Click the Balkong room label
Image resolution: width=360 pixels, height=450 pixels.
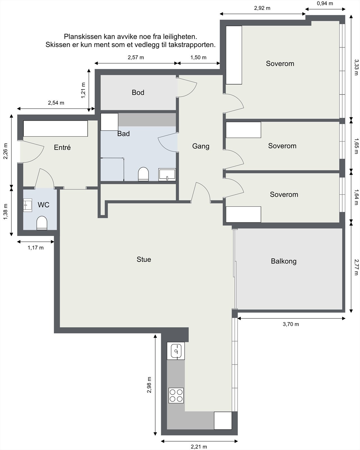[284, 261]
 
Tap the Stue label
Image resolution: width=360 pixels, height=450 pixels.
[144, 259]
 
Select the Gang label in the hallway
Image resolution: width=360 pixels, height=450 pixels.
[201, 146]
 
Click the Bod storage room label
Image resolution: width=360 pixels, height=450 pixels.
[138, 93]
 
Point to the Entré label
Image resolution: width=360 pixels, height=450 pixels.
[62, 147]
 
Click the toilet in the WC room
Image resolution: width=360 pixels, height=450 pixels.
[42, 223]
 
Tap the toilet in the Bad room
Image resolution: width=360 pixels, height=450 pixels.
[143, 174]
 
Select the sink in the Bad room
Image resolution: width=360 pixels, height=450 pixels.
[167, 174]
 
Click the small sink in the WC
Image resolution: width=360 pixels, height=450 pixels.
[27, 205]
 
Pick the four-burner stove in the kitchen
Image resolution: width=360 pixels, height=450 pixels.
[176, 395]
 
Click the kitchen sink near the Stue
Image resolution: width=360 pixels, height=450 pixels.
[176, 351]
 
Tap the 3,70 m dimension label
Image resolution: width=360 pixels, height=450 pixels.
[291, 324]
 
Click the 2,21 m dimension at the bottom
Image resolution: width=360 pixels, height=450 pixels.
[199, 447]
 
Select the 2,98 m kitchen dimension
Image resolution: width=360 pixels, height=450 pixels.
[149, 385]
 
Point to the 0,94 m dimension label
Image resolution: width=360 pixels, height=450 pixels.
[325, 3]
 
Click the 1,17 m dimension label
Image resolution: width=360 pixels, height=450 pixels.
[35, 248]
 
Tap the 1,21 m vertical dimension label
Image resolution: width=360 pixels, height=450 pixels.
[83, 90]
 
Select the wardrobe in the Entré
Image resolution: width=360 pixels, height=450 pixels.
[55, 129]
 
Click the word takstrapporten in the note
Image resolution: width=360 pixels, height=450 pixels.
[192, 45]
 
